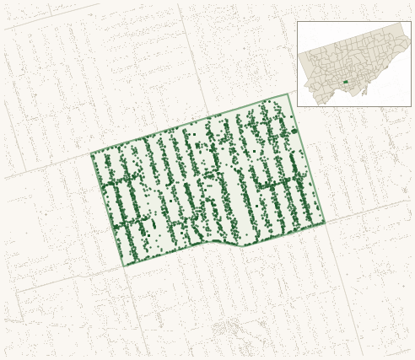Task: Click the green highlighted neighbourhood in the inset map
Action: coord(346,82)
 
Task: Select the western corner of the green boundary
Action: coord(91,154)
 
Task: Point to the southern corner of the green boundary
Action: coord(125,266)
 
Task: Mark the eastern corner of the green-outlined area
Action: coord(325,223)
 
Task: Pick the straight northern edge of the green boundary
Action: coord(190,124)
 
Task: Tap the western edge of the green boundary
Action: coord(108,211)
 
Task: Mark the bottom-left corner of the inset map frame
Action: coord(297,106)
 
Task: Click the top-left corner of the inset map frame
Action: coord(297,22)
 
